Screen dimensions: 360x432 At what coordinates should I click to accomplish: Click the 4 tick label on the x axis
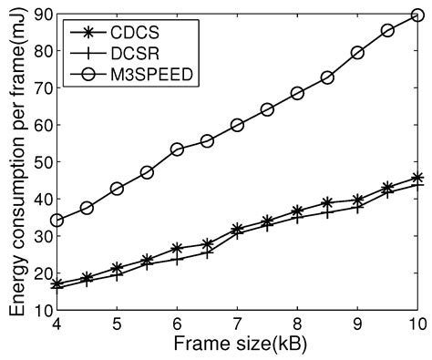(x=57, y=325)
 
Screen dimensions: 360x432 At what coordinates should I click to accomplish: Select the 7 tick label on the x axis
(x=237, y=325)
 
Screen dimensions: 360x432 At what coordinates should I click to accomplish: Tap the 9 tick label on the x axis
(x=357, y=325)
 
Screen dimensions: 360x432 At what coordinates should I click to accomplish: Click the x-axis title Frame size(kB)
(x=237, y=345)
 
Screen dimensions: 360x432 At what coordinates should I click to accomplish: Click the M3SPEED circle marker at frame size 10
(x=417, y=15)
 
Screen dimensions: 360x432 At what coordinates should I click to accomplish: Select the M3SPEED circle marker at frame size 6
(x=177, y=149)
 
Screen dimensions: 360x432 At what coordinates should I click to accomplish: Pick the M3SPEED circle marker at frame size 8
(x=297, y=93)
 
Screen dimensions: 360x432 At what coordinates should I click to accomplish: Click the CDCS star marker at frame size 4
(x=57, y=284)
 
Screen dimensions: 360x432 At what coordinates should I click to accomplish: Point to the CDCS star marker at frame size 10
(x=417, y=179)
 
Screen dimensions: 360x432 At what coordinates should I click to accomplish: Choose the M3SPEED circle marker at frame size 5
(x=117, y=189)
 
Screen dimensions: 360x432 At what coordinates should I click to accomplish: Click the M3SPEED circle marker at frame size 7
(x=237, y=125)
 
